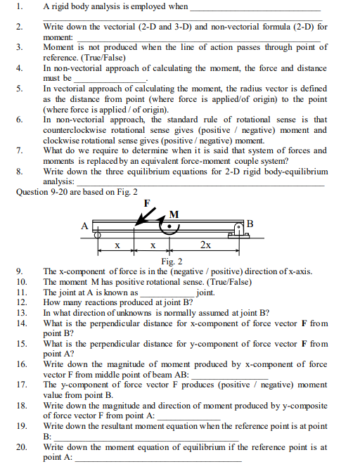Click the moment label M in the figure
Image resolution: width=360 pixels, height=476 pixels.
pos(174,214)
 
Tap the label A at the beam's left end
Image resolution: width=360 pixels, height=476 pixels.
pos(84,226)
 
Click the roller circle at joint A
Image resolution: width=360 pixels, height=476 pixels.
pos(98,236)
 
